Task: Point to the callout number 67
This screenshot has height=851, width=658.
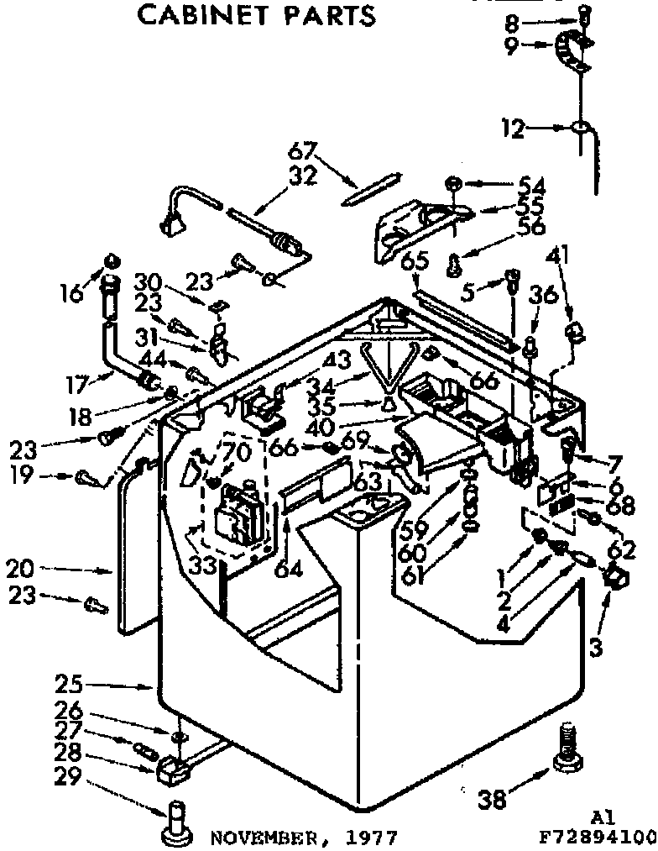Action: tap(303, 153)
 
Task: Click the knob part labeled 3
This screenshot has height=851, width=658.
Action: tap(615, 577)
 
